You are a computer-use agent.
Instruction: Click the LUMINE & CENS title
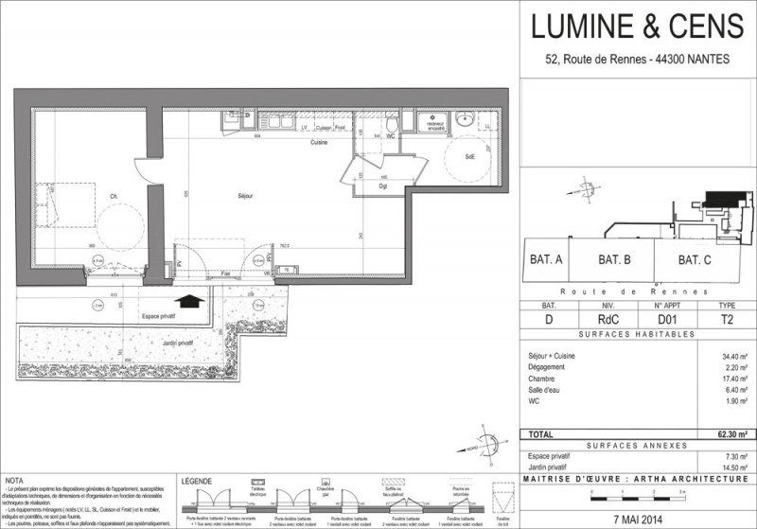639,28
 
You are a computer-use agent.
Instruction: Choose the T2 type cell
727,321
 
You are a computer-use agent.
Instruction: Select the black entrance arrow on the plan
191,301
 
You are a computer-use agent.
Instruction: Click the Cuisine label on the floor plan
316,143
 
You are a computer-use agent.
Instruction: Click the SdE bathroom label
468,156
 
